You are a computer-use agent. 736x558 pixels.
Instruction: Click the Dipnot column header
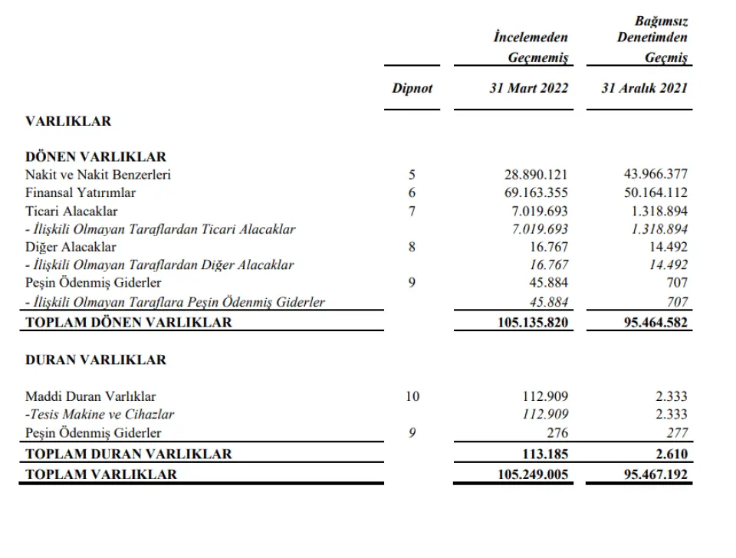pyautogui.click(x=412, y=88)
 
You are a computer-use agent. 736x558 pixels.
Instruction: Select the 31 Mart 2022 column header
pyautogui.click(x=529, y=88)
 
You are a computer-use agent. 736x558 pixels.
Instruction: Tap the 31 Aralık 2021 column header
pyautogui.click(x=645, y=88)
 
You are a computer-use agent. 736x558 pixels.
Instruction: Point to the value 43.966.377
pyautogui.click(x=655, y=175)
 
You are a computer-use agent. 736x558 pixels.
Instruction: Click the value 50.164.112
pyautogui.click(x=655, y=192)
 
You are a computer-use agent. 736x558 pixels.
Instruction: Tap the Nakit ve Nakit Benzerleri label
pyautogui.click(x=98, y=175)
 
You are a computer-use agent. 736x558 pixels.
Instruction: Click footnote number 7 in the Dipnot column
pyautogui.click(x=412, y=211)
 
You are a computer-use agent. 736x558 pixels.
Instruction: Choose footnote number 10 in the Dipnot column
pyautogui.click(x=412, y=396)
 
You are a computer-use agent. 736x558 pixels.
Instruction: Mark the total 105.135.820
pyautogui.click(x=533, y=323)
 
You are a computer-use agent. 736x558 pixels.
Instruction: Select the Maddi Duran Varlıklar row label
pyautogui.click(x=90, y=396)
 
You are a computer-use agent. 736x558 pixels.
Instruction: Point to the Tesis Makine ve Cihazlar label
pyautogui.click(x=100, y=415)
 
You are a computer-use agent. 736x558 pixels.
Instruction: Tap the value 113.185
pyautogui.click(x=547, y=454)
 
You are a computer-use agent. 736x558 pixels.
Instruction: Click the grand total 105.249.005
pyautogui.click(x=533, y=474)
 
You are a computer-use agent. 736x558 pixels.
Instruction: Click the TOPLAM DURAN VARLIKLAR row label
pyautogui.click(x=129, y=454)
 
